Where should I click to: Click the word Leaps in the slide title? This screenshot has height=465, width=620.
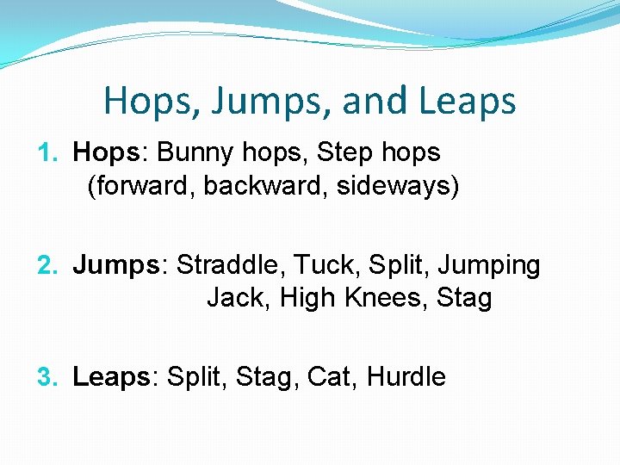click(x=468, y=102)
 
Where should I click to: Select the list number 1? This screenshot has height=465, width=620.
click(x=46, y=153)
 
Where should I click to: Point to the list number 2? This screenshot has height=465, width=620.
click(x=46, y=265)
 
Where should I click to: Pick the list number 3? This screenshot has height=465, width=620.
click(x=46, y=377)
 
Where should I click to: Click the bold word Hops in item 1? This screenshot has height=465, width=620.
click(x=105, y=153)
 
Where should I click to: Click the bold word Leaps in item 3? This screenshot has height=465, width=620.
click(x=111, y=377)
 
